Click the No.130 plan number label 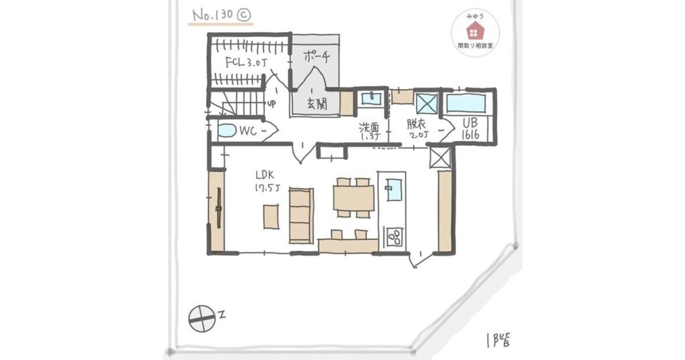point(221,16)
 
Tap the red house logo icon point(474,31)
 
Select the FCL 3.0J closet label point(246,62)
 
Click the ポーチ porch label point(316,56)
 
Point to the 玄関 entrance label point(316,103)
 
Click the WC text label point(248,130)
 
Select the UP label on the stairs point(272,104)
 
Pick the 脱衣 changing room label point(417,129)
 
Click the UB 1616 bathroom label point(471,128)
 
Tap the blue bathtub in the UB point(466,104)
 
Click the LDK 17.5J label point(267,181)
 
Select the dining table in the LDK point(354,198)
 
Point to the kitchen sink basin point(393,189)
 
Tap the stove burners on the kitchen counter point(395,236)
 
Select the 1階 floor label point(498,339)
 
